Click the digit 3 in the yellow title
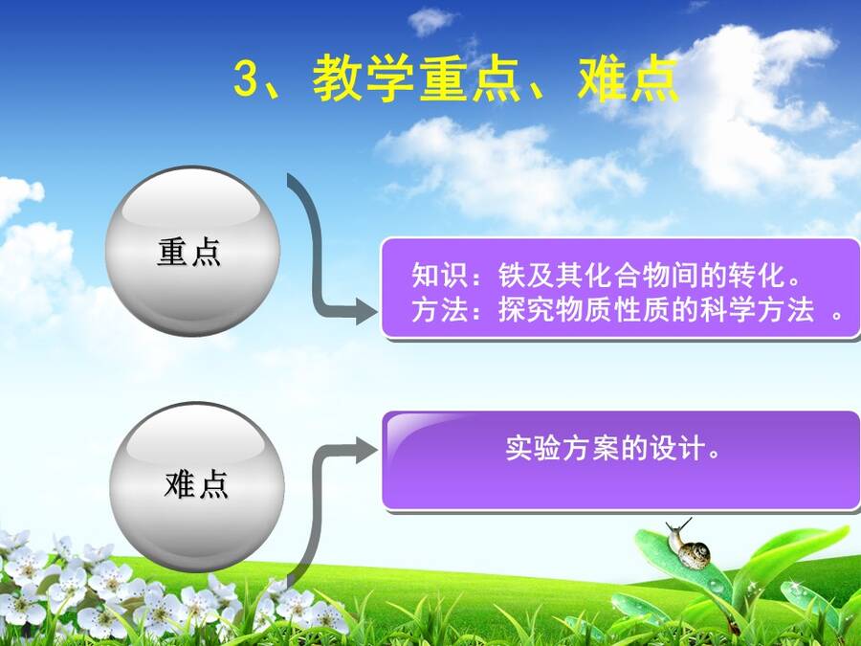tap(246, 78)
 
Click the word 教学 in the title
tap(363, 78)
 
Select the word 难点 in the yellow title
tap(629, 78)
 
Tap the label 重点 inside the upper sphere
tap(188, 252)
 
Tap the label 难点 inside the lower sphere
tap(196, 484)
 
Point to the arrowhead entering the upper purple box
tap(366, 311)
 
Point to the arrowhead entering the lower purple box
tap(366, 451)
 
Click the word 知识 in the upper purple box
tap(440, 275)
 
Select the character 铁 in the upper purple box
tap(513, 275)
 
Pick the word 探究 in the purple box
tap(526, 310)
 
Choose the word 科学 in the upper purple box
tap(728, 310)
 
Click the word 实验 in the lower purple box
tap(533, 448)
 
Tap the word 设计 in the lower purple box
tap(677, 448)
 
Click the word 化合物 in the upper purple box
tap(627, 275)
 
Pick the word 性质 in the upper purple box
tap(641, 310)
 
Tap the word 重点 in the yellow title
tap(470, 78)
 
